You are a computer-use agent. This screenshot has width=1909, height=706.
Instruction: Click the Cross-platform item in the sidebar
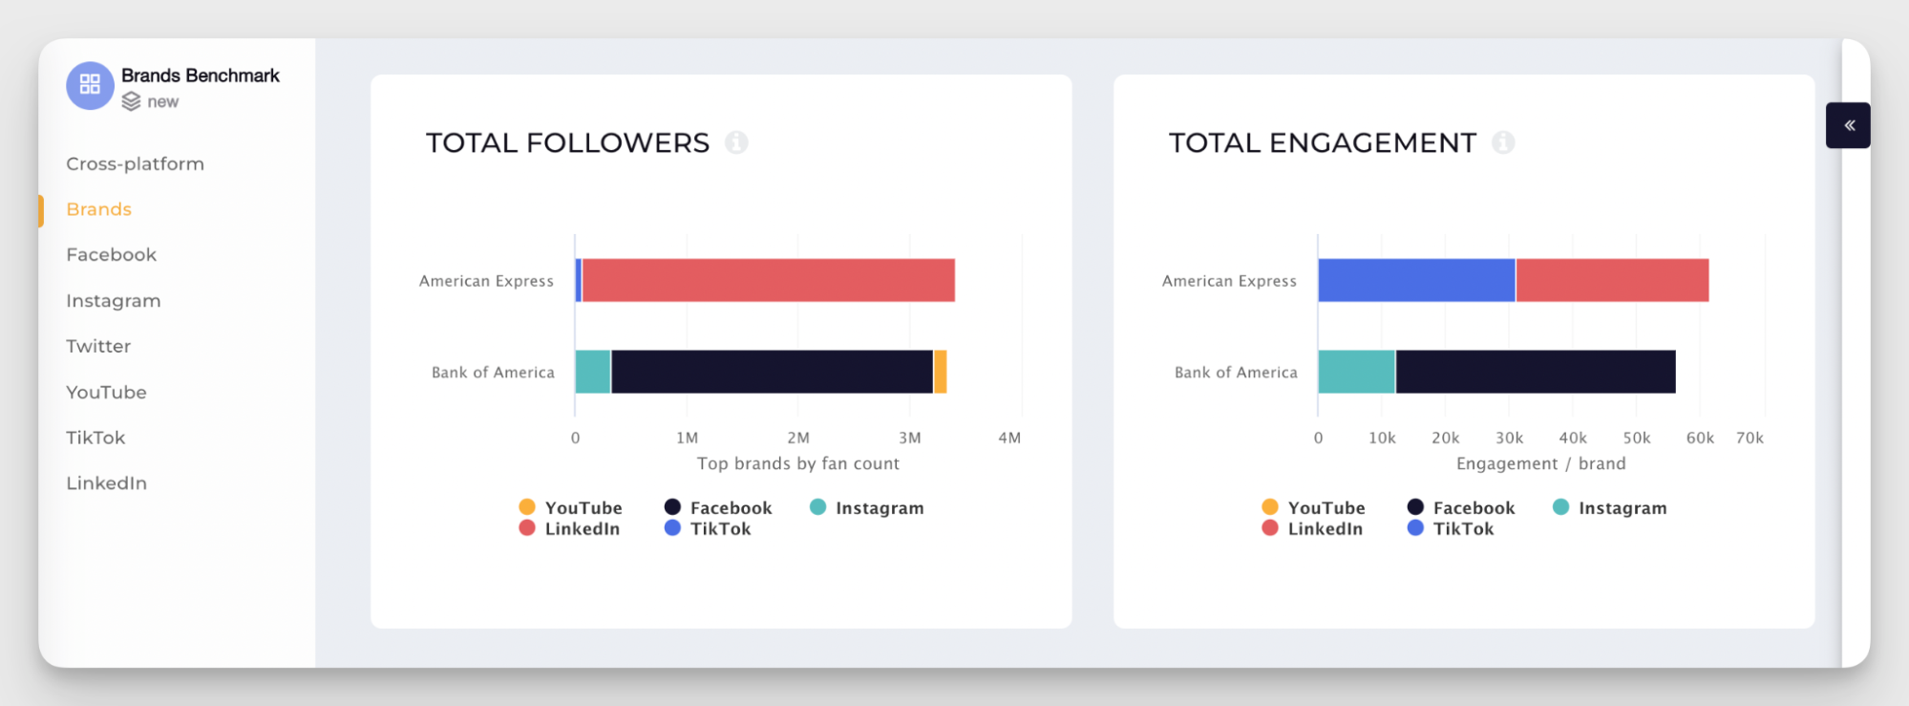135,163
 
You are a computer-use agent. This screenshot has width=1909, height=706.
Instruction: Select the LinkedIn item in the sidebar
106,482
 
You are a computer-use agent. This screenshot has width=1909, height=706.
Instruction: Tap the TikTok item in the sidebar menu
95,438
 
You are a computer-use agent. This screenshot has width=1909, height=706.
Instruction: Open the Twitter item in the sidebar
98,346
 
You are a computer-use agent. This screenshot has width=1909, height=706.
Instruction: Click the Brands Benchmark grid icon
90,85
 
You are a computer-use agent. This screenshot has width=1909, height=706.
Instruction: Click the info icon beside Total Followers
736,142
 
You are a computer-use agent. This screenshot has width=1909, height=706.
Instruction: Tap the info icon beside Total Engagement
1503,142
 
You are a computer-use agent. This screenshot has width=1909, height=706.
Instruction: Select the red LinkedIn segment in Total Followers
768,280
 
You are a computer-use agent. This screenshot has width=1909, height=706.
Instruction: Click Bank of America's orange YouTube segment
941,372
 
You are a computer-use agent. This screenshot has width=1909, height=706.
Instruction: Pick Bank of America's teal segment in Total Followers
593,372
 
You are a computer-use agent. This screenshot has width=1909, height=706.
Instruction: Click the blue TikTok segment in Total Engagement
1416,280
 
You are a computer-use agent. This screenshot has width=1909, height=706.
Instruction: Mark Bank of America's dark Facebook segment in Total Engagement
1536,372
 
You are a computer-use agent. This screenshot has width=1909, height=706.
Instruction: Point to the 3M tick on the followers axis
909,438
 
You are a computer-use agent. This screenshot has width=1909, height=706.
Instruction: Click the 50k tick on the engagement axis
1637,438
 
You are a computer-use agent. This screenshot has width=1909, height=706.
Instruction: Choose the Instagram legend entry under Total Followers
867,508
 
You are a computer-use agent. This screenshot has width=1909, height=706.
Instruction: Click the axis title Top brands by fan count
797,463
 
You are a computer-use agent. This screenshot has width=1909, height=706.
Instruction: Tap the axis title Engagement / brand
1540,463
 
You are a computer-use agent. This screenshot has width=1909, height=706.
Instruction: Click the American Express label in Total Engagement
1229,281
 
